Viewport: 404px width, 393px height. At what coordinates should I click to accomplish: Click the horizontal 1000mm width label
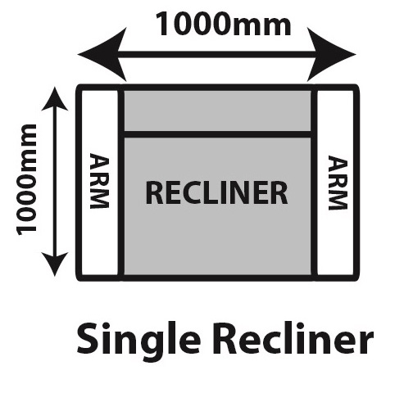pos(223,24)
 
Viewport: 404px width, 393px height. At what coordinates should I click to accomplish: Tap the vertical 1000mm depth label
pos(26,179)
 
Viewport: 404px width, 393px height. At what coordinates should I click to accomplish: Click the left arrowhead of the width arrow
pos(102,54)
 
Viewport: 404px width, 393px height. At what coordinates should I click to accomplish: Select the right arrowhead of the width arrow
pos(331,54)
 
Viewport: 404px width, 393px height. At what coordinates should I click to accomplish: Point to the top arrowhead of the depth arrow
pos(55,99)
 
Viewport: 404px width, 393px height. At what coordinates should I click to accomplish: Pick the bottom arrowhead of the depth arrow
pos(55,264)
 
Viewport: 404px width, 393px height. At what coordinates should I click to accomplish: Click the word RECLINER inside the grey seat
pos(216,192)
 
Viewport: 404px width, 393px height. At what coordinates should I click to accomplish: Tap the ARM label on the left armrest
pos(99,181)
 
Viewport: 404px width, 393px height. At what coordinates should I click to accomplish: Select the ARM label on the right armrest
pos(338,183)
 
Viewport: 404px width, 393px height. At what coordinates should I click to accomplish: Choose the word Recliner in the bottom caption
pos(296,338)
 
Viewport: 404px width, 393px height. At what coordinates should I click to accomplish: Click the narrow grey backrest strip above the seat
pos(218,111)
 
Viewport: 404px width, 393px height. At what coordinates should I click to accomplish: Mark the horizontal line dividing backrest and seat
pos(218,134)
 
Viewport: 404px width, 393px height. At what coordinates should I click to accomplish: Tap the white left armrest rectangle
pos(100,183)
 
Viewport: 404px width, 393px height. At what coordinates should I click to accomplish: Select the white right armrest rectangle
pos(336,183)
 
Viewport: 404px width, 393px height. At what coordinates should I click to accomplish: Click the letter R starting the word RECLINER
pos(154,192)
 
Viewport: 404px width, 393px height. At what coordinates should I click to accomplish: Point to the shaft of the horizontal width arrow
pos(217,54)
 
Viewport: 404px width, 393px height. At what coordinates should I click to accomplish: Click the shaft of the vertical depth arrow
pos(55,182)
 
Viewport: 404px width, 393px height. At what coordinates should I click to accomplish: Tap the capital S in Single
pos(88,338)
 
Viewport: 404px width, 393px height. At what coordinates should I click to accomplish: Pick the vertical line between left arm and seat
pos(121,183)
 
